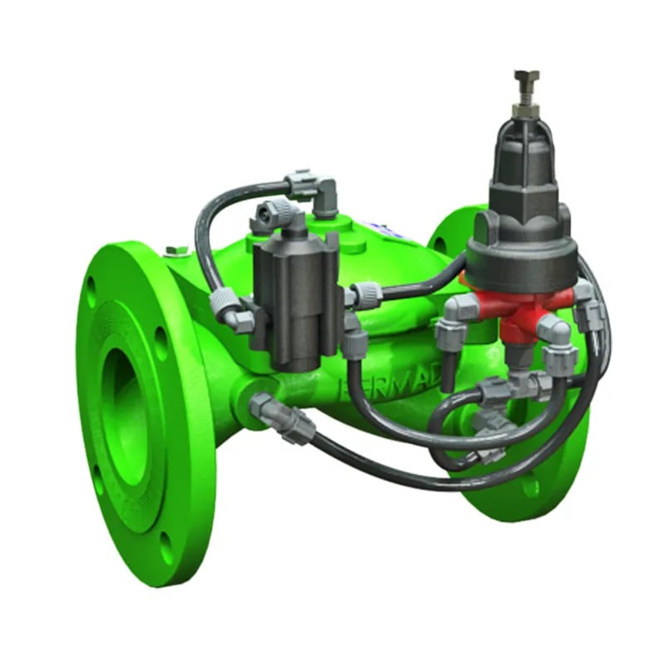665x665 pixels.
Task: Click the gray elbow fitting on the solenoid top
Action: [273, 217]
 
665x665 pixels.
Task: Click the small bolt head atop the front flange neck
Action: [173, 251]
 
